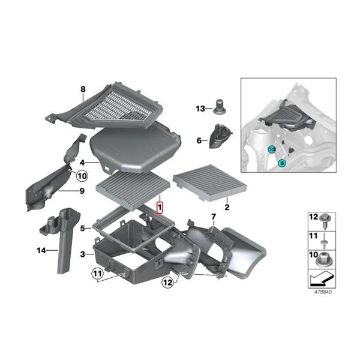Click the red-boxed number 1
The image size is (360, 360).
click(160, 208)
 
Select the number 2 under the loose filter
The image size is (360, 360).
click(227, 207)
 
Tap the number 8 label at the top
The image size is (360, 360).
click(83, 90)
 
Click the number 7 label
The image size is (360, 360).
click(212, 216)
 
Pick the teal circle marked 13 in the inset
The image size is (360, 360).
click(272, 148)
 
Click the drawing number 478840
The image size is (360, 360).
click(323, 292)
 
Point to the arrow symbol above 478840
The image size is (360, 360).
click(323, 278)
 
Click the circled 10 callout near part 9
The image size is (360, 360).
click(82, 176)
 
